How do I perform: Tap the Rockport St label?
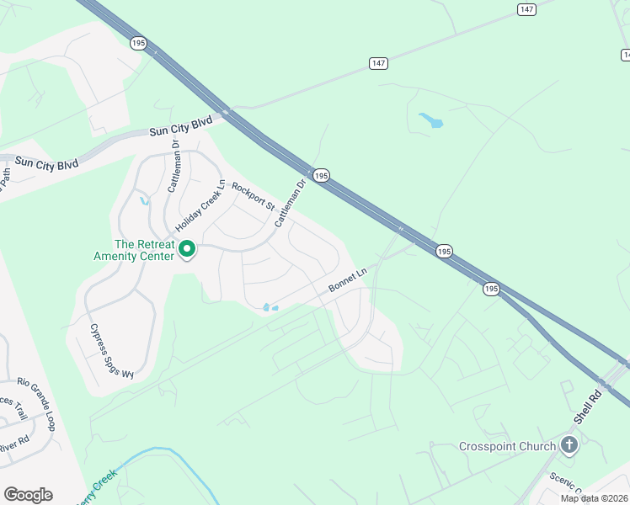point(254,197)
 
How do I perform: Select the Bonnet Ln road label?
point(348,280)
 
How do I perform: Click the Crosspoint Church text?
point(508,446)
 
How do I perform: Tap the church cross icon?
point(569,444)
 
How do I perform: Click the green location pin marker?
point(188,249)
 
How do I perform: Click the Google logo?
point(28,495)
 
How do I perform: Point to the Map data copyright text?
point(595,498)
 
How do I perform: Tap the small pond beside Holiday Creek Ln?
point(145,200)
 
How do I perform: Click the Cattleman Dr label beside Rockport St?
point(289,204)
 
